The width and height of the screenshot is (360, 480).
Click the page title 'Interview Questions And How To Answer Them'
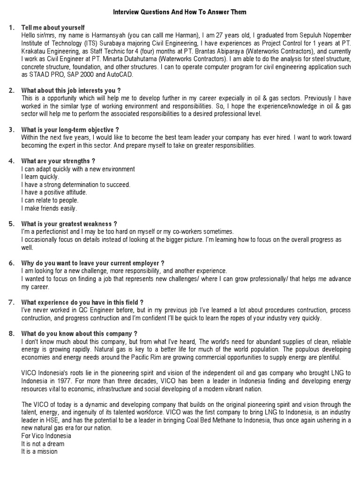(x=180, y=11)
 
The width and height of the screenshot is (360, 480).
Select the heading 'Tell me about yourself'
(x=53, y=28)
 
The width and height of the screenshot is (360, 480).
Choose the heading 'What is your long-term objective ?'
(x=70, y=129)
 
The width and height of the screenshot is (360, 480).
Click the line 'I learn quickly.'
(x=40, y=177)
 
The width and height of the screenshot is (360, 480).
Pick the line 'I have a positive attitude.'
(x=54, y=192)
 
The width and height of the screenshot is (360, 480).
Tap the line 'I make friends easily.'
(x=49, y=208)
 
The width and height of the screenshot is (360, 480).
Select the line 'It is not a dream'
(x=43, y=444)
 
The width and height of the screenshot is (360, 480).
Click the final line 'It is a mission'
(x=39, y=452)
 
